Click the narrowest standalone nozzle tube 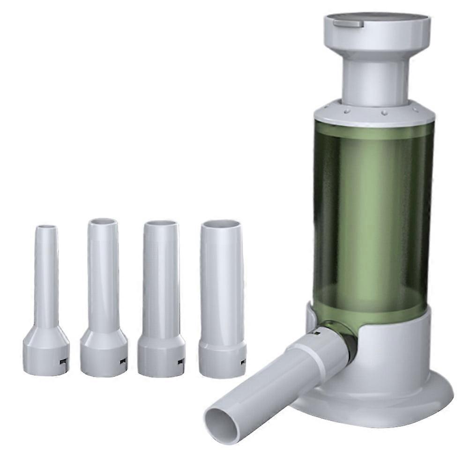[46, 281]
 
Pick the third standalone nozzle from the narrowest [161, 281]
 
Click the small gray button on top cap [348, 23]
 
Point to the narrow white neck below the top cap [375, 82]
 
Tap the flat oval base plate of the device [422, 398]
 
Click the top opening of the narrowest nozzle [46, 228]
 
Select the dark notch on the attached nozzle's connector [316, 334]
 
